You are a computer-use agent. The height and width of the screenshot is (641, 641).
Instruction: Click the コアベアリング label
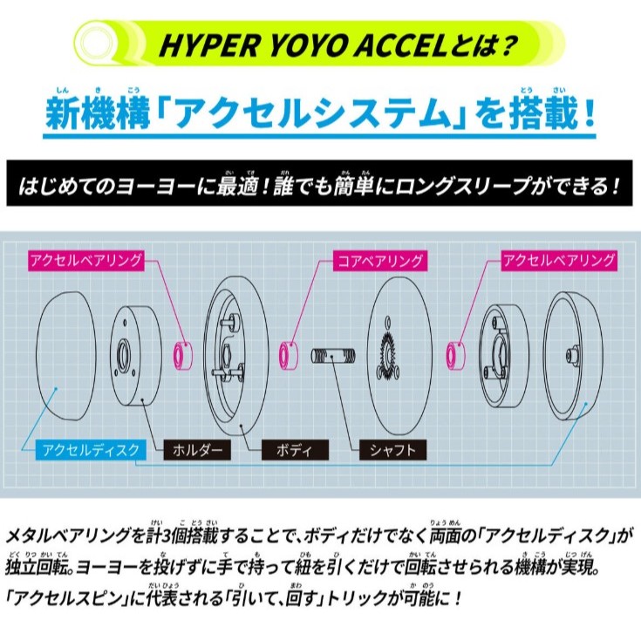(379, 261)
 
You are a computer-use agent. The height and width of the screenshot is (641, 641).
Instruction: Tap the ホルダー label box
(197, 450)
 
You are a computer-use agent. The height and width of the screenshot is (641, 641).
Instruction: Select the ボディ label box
(295, 450)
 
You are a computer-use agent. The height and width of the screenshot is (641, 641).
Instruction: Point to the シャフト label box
(392, 450)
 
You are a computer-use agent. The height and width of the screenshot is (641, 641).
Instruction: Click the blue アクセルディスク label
(91, 450)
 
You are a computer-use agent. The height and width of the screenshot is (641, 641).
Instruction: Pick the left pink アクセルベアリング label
(86, 261)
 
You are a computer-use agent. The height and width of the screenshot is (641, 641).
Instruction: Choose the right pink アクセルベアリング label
(559, 261)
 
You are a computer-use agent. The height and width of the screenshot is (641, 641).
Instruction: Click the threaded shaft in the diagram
(333, 356)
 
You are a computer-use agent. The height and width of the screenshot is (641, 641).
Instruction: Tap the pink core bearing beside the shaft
(288, 356)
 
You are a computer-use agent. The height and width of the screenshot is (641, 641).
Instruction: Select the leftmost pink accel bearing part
(183, 356)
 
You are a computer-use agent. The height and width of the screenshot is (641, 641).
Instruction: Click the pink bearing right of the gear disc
(455, 356)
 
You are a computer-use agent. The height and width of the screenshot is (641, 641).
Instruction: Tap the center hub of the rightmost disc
(571, 354)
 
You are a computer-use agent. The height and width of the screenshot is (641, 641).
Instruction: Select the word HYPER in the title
(209, 45)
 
